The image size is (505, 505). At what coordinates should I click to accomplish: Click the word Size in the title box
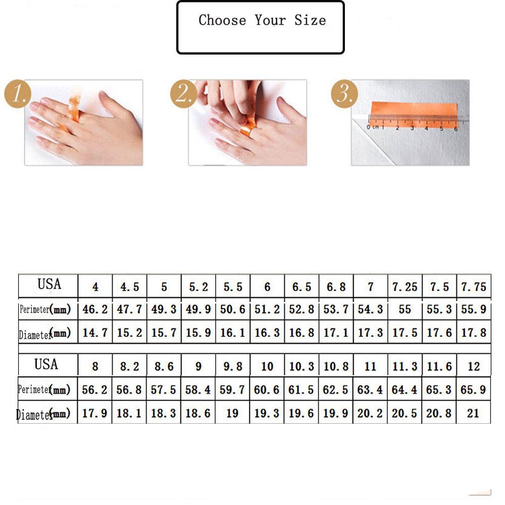coord(310,20)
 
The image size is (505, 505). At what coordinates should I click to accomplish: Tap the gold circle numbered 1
coord(18,94)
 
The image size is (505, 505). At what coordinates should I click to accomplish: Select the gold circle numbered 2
coord(184,94)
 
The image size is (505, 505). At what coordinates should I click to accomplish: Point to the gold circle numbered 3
coord(344,94)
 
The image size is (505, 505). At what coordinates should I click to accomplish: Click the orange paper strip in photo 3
coord(414,114)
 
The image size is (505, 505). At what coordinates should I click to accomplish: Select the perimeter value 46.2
coord(95,310)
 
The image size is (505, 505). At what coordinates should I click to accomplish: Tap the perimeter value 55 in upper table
coord(405,310)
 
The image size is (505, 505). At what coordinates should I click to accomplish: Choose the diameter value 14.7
coord(95,333)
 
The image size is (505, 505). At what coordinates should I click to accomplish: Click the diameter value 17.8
coord(474,333)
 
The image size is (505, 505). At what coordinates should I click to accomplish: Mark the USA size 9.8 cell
coord(233,367)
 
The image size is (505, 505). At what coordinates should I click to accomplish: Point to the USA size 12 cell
coord(474,367)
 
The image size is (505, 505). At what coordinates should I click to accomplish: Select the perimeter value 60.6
coord(267,390)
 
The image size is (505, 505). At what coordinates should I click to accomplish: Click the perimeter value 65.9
coord(473,390)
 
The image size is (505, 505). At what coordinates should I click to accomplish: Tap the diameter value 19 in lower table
coord(232,413)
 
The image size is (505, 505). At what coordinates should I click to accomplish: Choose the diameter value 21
coord(473,413)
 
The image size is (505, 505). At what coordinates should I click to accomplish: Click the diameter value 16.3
coord(267,333)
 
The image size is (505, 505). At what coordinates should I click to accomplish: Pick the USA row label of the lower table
coord(46,365)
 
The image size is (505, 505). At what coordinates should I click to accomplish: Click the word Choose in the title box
coord(222,20)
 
